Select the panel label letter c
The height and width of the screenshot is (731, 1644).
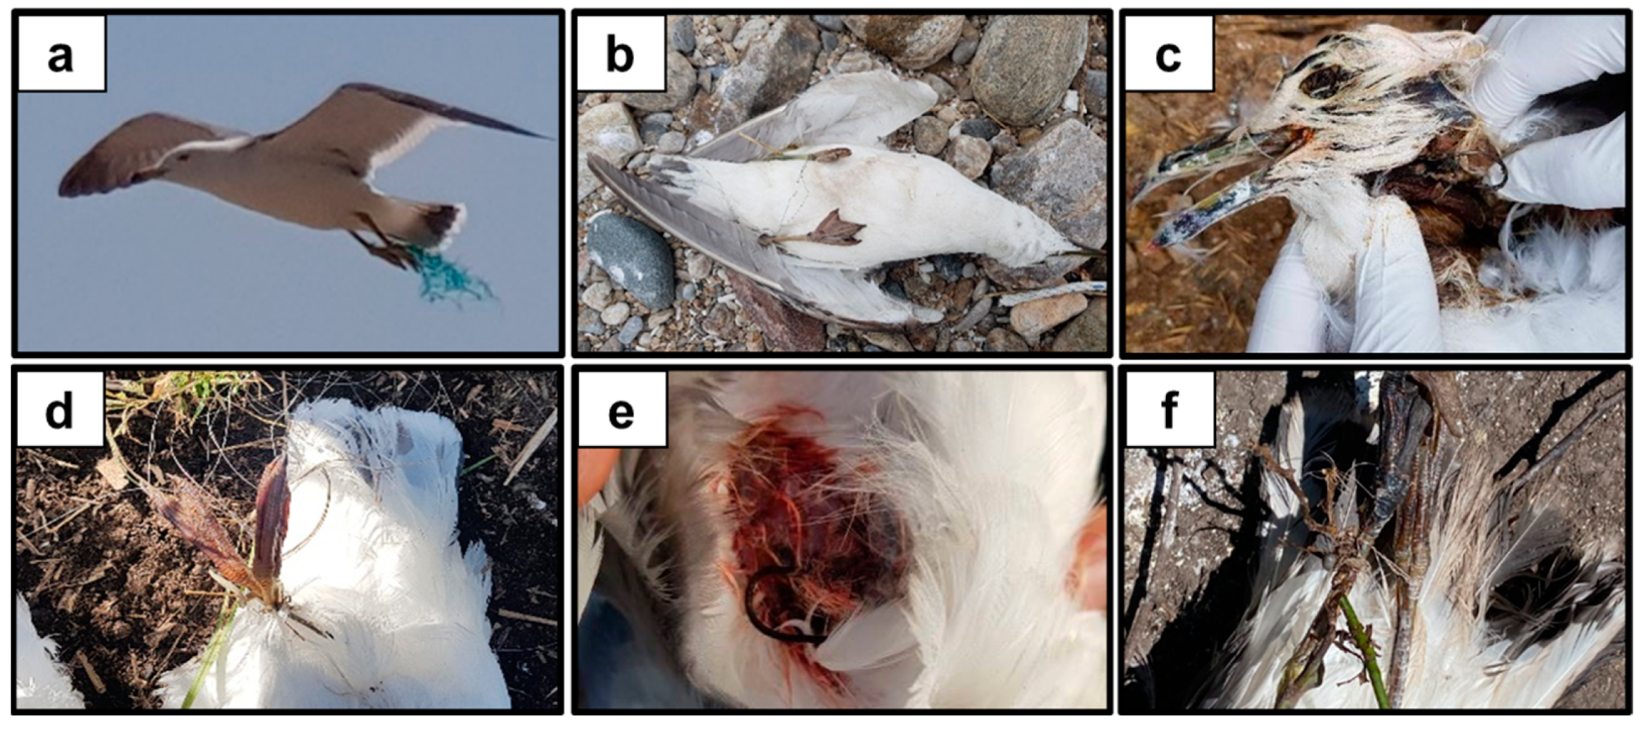[1167, 57]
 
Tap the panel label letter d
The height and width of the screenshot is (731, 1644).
[59, 410]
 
